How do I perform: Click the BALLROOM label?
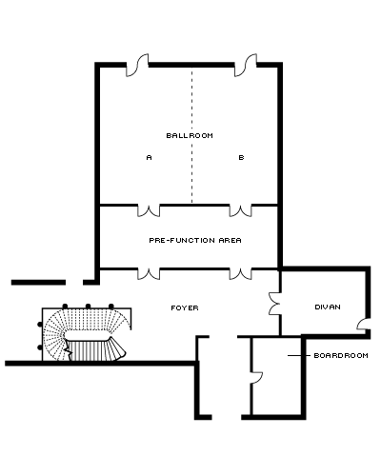[190, 135]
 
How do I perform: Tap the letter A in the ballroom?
[149, 157]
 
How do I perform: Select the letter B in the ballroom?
[241, 157]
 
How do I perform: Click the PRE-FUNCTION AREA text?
[195, 240]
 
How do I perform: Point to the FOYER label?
[185, 307]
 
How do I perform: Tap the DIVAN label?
[328, 307]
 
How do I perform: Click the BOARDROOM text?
[341, 355]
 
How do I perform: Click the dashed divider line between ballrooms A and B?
[191, 135]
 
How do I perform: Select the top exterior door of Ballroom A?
[137, 66]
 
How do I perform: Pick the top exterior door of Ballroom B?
[246, 66]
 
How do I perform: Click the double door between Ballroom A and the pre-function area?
[149, 210]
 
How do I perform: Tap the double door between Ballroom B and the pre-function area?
[241, 210]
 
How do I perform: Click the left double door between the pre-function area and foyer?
[149, 274]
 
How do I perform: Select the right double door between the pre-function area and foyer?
[241, 274]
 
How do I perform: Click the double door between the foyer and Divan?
[275, 304]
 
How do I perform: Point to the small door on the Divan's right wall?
[363, 325]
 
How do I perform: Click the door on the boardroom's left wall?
[256, 378]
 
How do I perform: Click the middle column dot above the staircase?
[88, 307]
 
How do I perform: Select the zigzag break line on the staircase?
[68, 349]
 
